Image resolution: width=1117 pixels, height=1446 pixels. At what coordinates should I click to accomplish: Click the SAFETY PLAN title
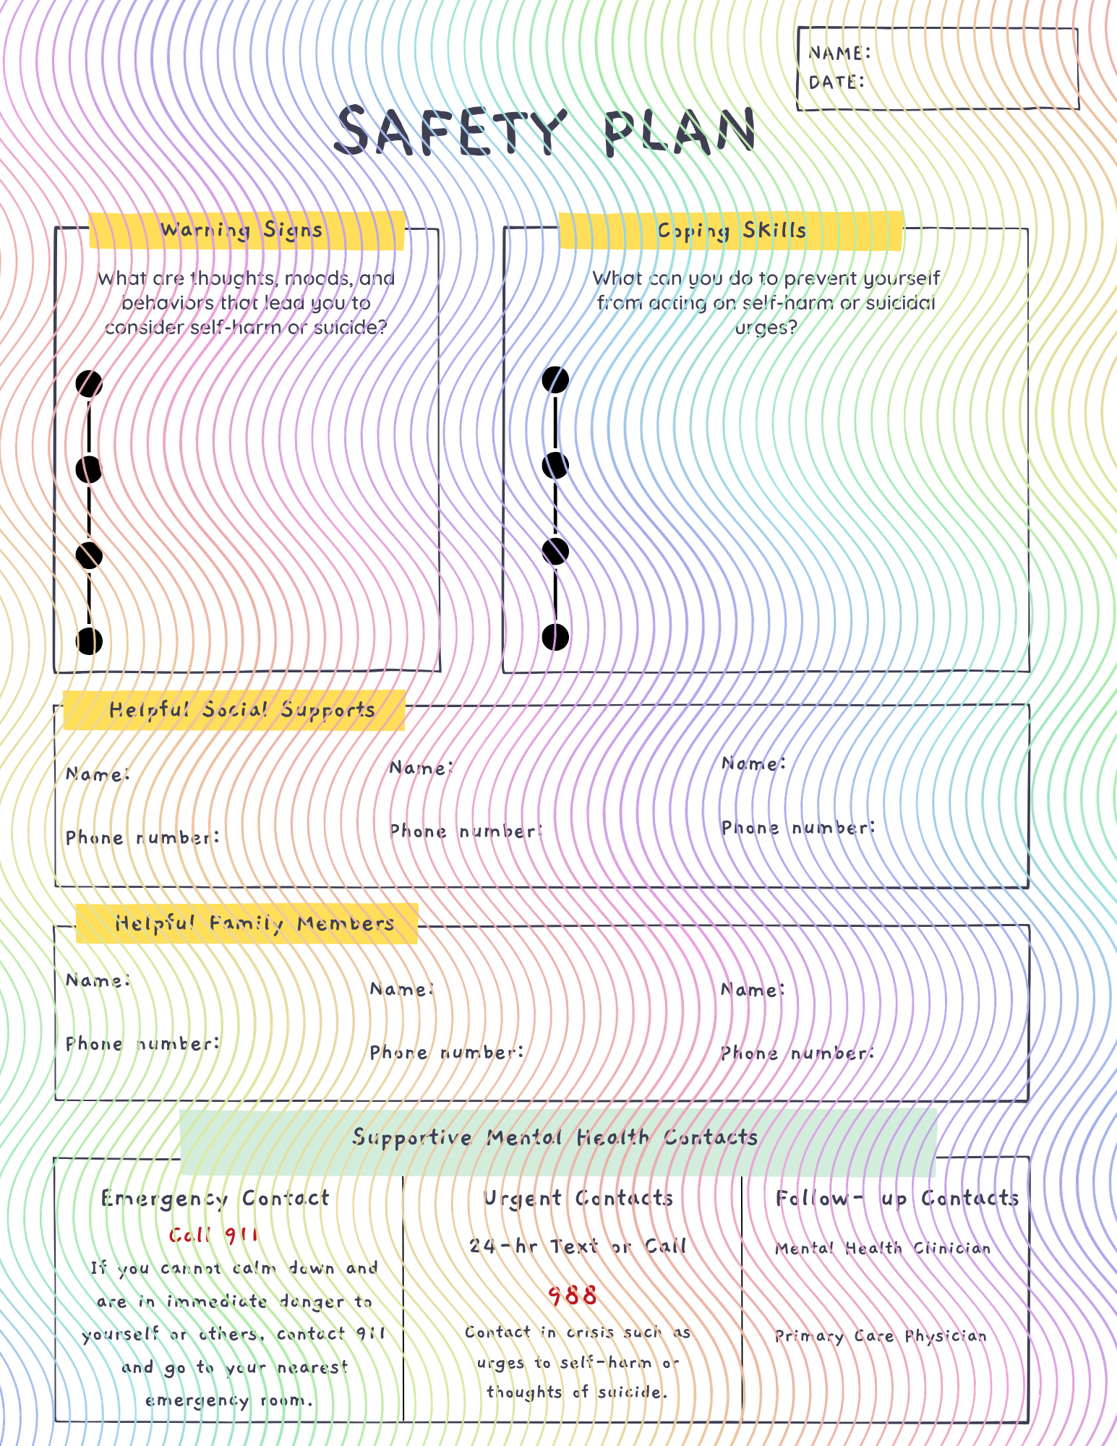tap(546, 131)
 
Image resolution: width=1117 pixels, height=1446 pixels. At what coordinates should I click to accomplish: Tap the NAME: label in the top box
tap(839, 53)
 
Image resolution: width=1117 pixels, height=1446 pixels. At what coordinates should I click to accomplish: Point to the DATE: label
tap(836, 82)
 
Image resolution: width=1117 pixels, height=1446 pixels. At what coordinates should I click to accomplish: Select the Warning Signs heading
tap(241, 230)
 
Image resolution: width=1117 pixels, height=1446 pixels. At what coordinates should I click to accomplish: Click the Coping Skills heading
tap(732, 231)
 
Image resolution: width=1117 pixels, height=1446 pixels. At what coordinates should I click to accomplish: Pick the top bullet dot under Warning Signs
tap(89, 383)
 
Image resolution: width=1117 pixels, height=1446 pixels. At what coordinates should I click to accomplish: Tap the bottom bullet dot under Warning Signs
tap(89, 641)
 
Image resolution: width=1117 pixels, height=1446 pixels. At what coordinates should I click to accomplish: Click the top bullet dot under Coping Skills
tap(555, 380)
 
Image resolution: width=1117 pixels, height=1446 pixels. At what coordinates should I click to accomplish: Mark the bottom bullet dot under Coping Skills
tap(555, 637)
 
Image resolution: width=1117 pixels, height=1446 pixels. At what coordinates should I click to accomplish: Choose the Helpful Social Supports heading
tap(242, 710)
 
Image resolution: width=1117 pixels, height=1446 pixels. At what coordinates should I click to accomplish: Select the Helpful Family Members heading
tap(254, 923)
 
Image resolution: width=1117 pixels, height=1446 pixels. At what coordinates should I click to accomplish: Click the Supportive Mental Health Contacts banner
tap(555, 1137)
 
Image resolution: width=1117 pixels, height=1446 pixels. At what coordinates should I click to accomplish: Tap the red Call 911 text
tap(214, 1235)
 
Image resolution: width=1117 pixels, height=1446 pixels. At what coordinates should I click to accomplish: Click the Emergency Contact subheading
tap(215, 1199)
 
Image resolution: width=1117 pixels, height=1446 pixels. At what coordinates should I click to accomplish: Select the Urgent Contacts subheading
tap(578, 1199)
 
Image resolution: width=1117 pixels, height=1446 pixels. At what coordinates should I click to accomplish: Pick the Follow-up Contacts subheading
tap(897, 1199)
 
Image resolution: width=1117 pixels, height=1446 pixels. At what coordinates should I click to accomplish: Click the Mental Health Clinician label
tap(883, 1249)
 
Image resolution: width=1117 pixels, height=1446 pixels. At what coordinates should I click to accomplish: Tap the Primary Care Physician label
tap(881, 1336)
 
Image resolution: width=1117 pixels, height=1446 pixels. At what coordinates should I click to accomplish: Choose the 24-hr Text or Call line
tap(578, 1246)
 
